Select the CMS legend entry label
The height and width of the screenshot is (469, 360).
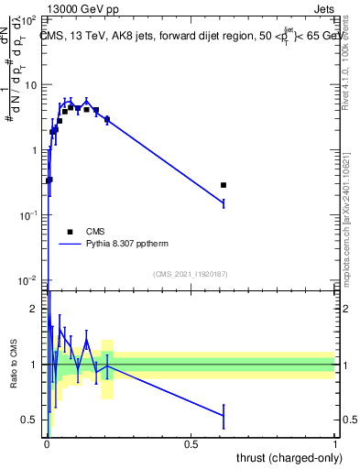click(x=96, y=232)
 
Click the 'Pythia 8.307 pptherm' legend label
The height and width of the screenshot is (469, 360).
click(x=129, y=245)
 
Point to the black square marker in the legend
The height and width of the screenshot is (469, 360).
click(x=70, y=232)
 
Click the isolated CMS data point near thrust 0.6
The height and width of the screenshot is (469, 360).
click(x=224, y=185)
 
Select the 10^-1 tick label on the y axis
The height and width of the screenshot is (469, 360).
click(x=29, y=214)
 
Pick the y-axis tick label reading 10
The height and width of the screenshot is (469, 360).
click(x=31, y=85)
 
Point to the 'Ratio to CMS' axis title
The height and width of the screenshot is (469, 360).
click(x=13, y=364)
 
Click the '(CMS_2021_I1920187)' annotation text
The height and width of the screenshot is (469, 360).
click(x=191, y=273)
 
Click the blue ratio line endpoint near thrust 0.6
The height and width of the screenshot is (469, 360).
click(x=224, y=415)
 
